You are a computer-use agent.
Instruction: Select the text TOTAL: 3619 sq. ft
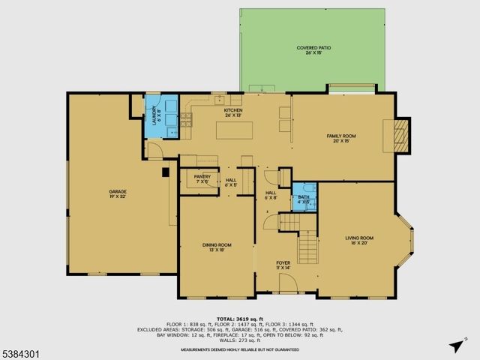(x=240, y=318)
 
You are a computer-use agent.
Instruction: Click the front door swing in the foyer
(x=285, y=285)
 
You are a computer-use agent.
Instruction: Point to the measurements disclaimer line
(x=240, y=349)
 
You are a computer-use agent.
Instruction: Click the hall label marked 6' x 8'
(x=271, y=195)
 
